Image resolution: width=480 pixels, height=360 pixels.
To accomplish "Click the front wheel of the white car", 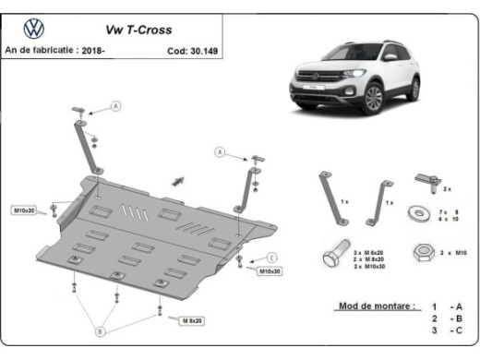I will (373, 98).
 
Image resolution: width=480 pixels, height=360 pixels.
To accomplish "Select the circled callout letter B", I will (102, 328).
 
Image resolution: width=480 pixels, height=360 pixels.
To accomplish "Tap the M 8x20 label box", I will (190, 319).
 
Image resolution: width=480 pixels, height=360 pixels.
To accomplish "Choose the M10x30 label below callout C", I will (270, 271).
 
